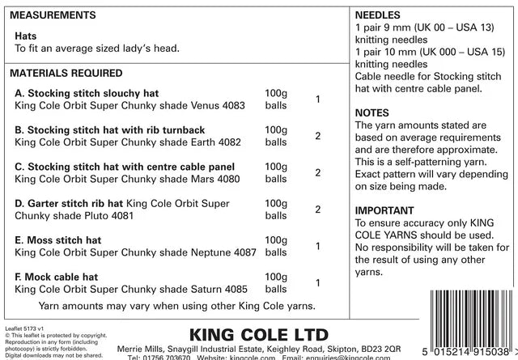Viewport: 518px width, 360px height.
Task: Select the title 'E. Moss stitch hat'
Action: click(58, 240)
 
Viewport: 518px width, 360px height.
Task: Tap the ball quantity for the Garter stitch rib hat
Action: click(318, 210)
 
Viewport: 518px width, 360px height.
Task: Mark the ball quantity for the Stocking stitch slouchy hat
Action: click(318, 100)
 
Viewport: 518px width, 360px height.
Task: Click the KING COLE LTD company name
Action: click(258, 333)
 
